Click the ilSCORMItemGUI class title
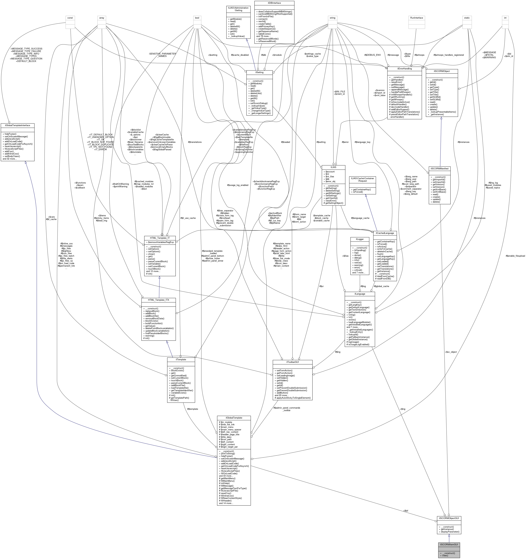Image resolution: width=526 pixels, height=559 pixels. click(449, 544)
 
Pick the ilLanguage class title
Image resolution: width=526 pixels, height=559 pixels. click(360, 294)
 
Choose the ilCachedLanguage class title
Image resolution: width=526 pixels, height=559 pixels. click(385, 233)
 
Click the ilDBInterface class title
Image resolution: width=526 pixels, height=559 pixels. click(274, 3)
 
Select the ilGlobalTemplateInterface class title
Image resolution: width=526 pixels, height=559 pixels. click(17, 125)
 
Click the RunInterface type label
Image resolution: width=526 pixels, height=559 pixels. click(417, 18)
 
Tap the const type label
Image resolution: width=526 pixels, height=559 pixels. click(70, 18)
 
